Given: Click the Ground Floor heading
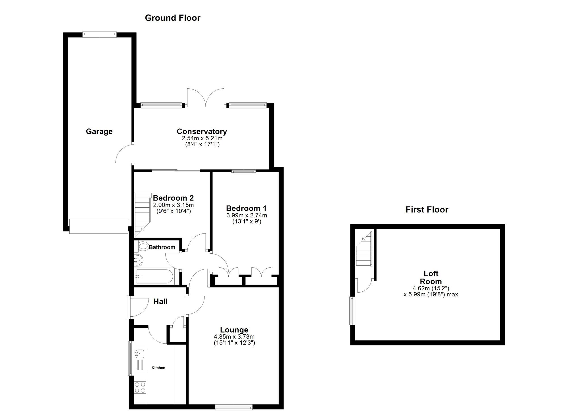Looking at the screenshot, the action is (173, 18).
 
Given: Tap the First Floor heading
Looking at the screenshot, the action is (427, 210).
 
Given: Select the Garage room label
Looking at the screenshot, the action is (99, 132).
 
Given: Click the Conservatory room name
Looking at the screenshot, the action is (202, 131).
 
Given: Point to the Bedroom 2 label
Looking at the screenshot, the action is (173, 198).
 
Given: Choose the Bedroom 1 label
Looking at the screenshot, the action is (246, 208).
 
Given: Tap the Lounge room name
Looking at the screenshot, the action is (234, 330).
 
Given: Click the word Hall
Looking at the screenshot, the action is (160, 301).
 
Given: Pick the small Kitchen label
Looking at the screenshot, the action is (158, 368).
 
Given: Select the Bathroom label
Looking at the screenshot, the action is (162, 247).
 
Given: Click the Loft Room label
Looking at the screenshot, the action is (431, 278).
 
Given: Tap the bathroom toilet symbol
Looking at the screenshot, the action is (143, 246).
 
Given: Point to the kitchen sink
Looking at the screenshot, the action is (140, 354).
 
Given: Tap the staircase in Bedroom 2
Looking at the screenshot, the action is (142, 214).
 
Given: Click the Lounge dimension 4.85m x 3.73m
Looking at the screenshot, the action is (234, 337).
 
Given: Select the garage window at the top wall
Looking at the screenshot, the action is (99, 34).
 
